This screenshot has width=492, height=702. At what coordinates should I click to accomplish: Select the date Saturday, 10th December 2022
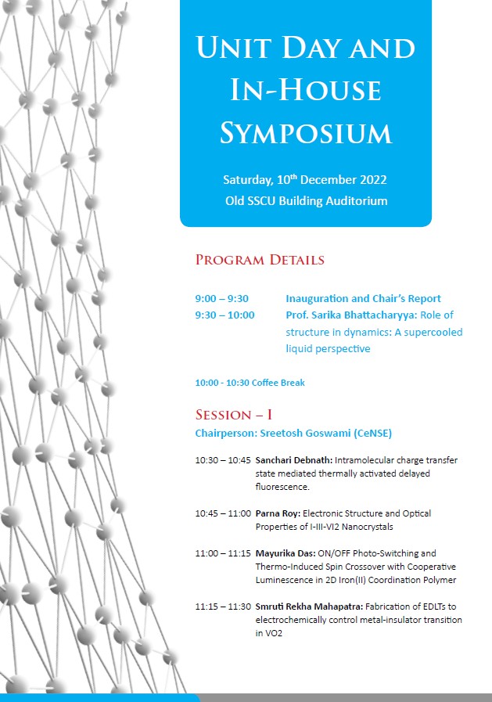(305, 180)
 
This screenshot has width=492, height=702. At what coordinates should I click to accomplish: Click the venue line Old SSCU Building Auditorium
(306, 201)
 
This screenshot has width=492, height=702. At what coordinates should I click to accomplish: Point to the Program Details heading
(260, 260)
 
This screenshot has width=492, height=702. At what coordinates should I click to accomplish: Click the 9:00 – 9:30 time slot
(221, 298)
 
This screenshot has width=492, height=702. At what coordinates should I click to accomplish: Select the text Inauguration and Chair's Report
(363, 298)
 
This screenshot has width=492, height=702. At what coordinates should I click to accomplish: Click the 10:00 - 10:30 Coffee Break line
(250, 383)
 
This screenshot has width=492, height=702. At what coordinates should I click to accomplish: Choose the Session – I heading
(233, 415)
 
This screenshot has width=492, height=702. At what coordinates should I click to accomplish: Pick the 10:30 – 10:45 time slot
(223, 460)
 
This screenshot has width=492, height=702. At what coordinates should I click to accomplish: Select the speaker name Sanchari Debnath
(293, 460)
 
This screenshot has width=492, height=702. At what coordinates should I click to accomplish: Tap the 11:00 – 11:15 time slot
(223, 553)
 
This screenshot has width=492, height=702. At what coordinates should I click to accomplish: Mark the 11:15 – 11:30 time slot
(223, 607)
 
